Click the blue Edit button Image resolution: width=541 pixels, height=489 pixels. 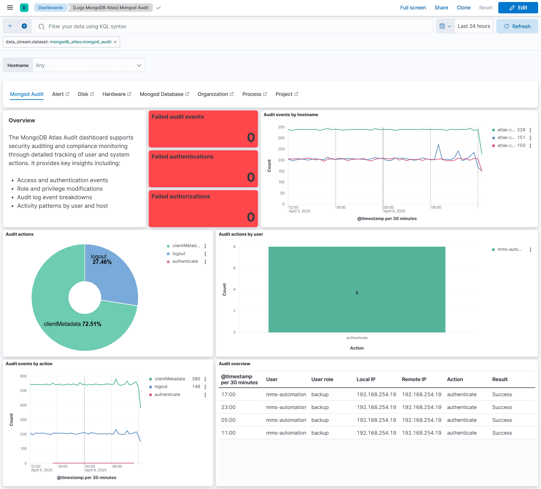pyautogui.click(x=518, y=8)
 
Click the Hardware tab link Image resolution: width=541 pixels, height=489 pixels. pyautogui.click(x=116, y=94)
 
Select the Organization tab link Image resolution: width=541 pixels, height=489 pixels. pyautogui.click(x=215, y=94)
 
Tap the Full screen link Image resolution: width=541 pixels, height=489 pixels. pyautogui.click(x=413, y=8)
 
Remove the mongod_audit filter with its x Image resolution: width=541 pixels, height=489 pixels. pyautogui.click(x=115, y=42)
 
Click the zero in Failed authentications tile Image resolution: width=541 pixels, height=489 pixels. pyautogui.click(x=251, y=177)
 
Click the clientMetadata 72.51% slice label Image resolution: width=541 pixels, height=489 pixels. pyautogui.click(x=73, y=324)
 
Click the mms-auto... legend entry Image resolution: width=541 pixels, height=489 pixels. pyautogui.click(x=509, y=249)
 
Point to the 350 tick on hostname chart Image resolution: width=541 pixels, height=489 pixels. pyautogui.click(x=281, y=127)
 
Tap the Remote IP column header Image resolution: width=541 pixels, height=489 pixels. pyautogui.click(x=414, y=379)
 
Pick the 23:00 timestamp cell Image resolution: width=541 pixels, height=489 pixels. pyautogui.click(x=228, y=407)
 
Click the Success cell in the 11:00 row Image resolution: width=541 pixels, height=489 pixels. pyautogui.click(x=502, y=433)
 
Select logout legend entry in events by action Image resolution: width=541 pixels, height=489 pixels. pyautogui.click(x=161, y=387)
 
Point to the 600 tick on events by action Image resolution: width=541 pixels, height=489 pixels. pyautogui.click(x=23, y=376)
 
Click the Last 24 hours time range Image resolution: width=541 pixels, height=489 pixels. pyautogui.click(x=474, y=26)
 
